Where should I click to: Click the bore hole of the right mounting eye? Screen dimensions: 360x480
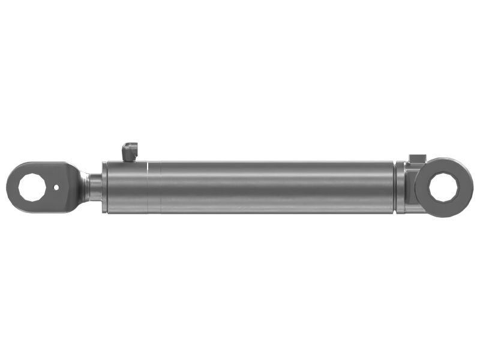tap(445, 187)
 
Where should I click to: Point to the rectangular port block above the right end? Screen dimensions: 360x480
tap(416, 158)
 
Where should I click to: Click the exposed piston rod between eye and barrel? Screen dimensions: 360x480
tap(95, 187)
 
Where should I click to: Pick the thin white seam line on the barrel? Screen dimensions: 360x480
tap(147, 187)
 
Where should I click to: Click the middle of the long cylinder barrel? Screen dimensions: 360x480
tap(270, 187)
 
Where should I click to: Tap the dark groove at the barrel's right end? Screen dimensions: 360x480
tap(395, 187)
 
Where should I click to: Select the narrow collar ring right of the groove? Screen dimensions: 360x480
tap(400, 187)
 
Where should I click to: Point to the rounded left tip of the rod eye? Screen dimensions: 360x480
tap(8, 187)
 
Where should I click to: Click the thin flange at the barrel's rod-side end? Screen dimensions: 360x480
tap(104, 187)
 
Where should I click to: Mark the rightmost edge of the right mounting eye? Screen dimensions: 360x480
tap(473, 187)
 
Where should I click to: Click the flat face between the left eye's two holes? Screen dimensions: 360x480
tap(48, 187)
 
